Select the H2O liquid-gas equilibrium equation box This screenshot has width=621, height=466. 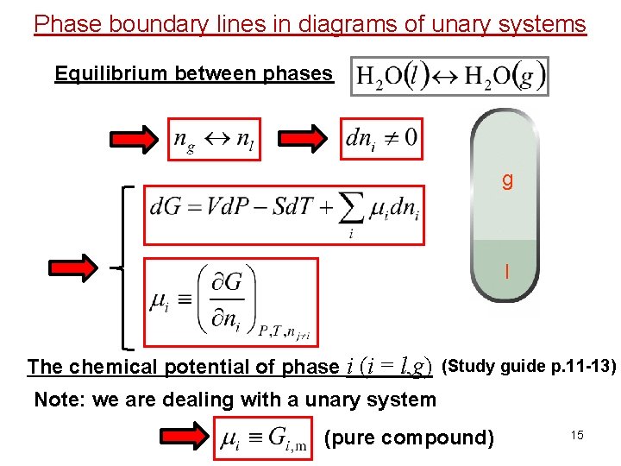pos(449,76)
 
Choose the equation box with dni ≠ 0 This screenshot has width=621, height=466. pos(381,138)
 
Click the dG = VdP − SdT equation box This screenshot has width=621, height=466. pos(285,213)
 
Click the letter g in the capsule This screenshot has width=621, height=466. pos(507,179)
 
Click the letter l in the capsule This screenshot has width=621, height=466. pos(507,271)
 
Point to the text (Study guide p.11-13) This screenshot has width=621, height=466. pos(529,366)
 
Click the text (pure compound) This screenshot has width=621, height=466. pos(409,438)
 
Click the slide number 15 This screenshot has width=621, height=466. pos(576,435)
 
